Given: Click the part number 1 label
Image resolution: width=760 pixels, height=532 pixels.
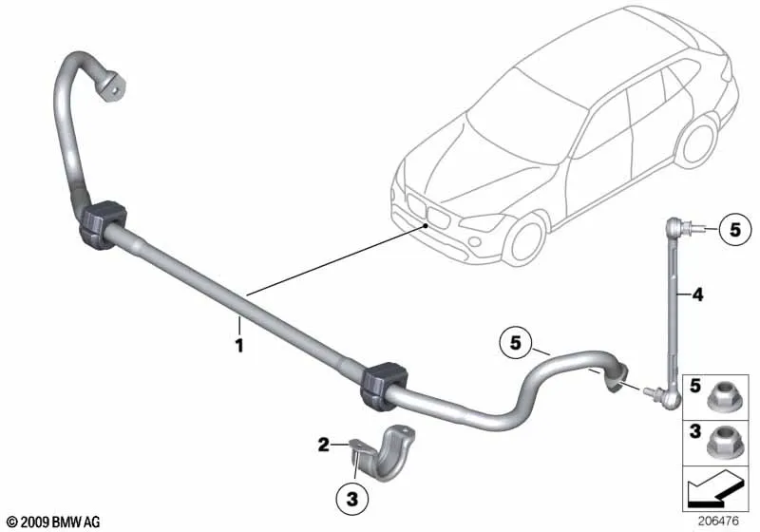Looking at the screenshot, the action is (x=239, y=346).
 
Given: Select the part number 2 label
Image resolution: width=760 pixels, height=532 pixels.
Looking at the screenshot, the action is (x=324, y=444).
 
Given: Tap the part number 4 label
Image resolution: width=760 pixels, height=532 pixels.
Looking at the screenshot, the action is (x=697, y=294).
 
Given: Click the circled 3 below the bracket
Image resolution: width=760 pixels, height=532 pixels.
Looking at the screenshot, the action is (x=352, y=498).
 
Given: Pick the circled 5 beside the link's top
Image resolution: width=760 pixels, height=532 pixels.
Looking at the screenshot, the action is (x=735, y=229).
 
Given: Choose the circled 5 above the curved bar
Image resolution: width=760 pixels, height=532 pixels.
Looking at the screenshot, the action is (x=515, y=343).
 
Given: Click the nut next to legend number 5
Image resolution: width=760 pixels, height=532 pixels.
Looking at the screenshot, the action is (x=722, y=397).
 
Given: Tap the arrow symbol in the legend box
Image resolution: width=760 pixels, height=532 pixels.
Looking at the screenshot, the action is (x=715, y=489).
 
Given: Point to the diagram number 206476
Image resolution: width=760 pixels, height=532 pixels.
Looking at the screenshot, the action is (x=718, y=521).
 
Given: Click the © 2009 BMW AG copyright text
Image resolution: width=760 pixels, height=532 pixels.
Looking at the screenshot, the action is (x=54, y=522).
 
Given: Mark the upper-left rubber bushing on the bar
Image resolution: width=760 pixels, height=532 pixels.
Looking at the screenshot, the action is (x=102, y=224).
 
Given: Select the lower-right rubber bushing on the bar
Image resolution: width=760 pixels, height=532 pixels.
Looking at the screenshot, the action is (x=383, y=385).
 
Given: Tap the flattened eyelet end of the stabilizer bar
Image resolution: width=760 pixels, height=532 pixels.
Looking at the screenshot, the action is (x=111, y=86).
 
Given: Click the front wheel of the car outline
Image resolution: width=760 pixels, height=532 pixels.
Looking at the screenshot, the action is (x=525, y=240).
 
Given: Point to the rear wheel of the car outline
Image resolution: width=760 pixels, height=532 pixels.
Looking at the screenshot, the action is (x=698, y=142).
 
